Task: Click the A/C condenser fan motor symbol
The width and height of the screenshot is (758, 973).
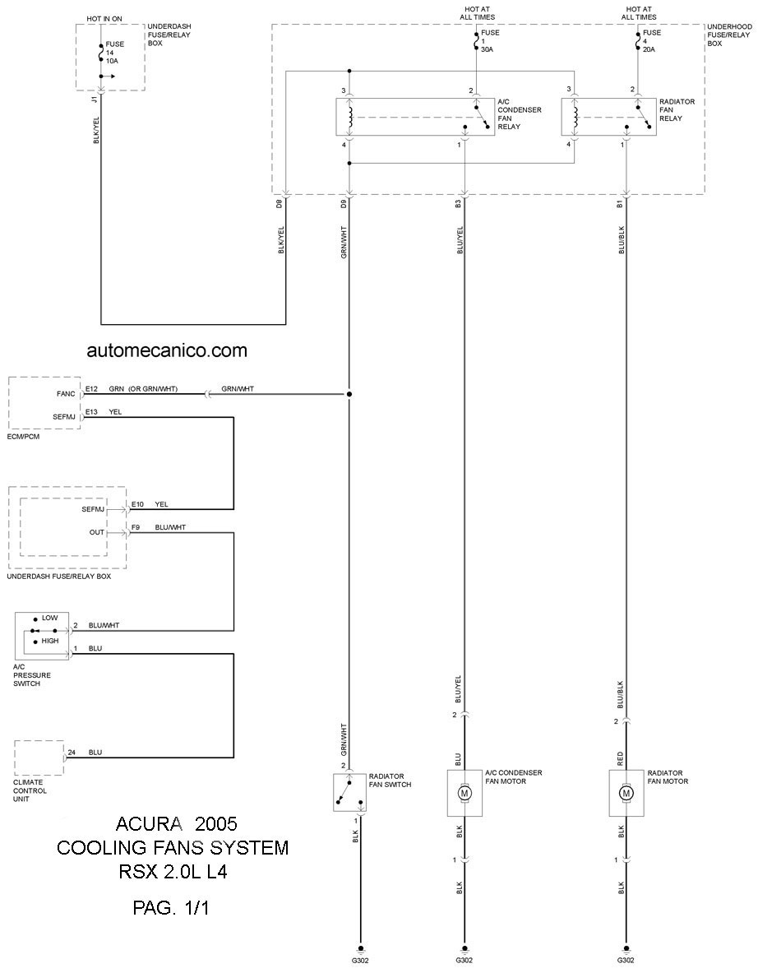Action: (464, 792)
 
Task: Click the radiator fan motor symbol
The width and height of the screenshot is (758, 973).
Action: (626, 792)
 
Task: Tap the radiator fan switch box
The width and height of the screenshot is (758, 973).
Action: (349, 792)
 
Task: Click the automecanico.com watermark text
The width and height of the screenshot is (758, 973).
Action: (167, 350)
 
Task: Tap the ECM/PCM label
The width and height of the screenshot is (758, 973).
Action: (24, 437)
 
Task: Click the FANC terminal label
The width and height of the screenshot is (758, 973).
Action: (66, 394)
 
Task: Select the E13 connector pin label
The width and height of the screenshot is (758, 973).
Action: (91, 412)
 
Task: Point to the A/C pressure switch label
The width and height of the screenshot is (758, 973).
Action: (31, 675)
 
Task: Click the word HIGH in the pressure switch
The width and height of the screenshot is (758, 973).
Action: (50, 641)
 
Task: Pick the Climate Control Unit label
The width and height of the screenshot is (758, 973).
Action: (30, 790)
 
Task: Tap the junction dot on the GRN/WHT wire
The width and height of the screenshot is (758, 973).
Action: (349, 394)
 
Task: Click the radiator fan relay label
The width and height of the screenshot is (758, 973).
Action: (677, 110)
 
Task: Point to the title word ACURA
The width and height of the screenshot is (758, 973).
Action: (149, 824)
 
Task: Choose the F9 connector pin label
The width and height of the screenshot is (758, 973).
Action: (135, 527)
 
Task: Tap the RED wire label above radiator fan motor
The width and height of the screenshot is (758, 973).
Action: (621, 758)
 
